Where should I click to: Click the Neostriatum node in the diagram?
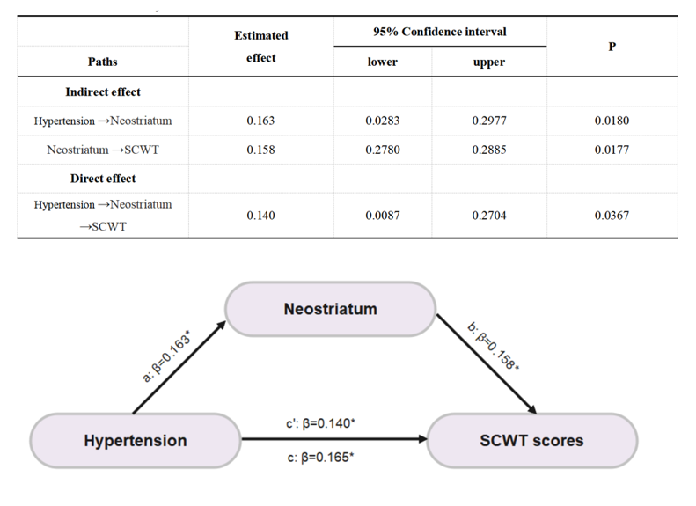pyautogui.click(x=330, y=309)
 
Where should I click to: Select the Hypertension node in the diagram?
pyautogui.click(x=136, y=440)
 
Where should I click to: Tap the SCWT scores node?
pyautogui.click(x=531, y=440)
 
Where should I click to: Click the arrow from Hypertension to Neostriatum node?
pyautogui.click(x=179, y=368)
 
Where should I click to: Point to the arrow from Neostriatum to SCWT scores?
pyautogui.click(x=487, y=364)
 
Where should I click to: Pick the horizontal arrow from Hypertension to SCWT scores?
pyautogui.click(x=333, y=439)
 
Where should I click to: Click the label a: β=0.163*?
pyautogui.click(x=166, y=356)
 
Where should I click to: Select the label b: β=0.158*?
pyautogui.click(x=494, y=347)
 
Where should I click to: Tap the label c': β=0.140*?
pyautogui.click(x=320, y=423)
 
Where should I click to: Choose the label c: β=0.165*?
pyautogui.click(x=320, y=458)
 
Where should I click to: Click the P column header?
pyautogui.click(x=612, y=47)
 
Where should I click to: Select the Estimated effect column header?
pyautogui.click(x=261, y=47)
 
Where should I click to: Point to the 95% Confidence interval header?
pyautogui.click(x=439, y=32)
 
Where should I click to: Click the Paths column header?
pyautogui.click(x=103, y=62)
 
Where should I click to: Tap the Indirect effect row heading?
pyautogui.click(x=103, y=92)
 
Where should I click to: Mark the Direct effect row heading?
pyautogui.click(x=103, y=179)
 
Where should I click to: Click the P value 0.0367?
pyautogui.click(x=612, y=216)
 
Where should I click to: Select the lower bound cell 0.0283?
pyautogui.click(x=382, y=121)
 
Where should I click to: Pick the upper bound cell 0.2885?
pyautogui.click(x=488, y=150)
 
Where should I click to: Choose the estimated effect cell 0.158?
pyautogui.click(x=260, y=150)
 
